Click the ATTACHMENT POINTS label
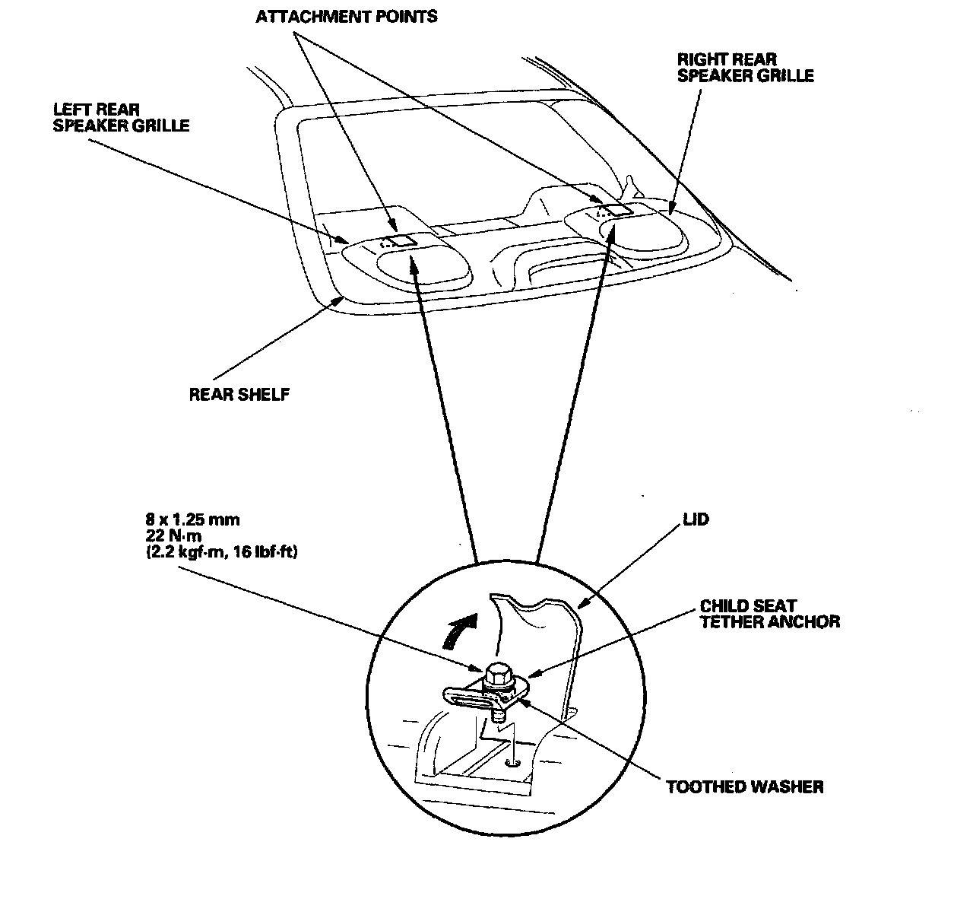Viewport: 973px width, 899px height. [x=347, y=16]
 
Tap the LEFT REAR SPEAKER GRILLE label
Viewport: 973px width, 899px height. [x=121, y=118]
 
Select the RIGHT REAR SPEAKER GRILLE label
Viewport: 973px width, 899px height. [x=745, y=68]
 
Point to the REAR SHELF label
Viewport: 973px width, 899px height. [x=239, y=395]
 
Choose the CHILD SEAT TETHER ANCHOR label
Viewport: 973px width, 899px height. [x=769, y=614]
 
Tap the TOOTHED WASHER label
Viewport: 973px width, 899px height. [x=744, y=786]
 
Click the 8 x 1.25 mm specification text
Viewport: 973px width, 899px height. [x=192, y=520]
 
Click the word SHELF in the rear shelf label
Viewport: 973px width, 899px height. [x=265, y=395]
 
